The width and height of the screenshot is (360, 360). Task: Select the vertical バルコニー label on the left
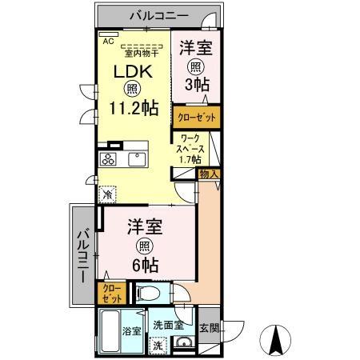[82, 255]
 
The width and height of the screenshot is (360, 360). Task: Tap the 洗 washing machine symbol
[159, 346]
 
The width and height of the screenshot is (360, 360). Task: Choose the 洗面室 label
[169, 326]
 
